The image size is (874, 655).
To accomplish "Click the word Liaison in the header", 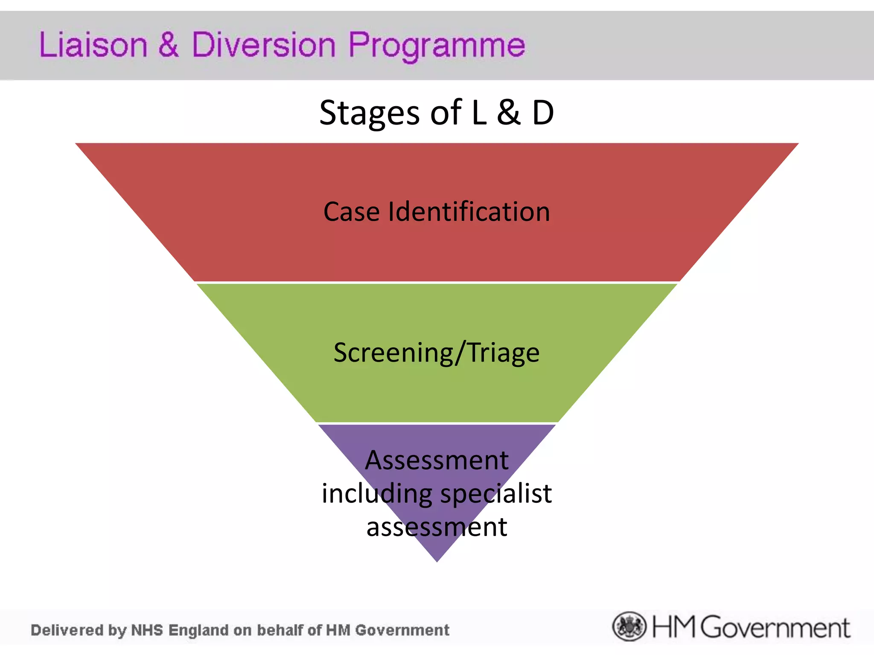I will (93, 45).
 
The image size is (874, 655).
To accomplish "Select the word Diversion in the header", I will (263, 45).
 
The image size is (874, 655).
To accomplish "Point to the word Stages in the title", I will (370, 113).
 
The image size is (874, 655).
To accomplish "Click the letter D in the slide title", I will (543, 113).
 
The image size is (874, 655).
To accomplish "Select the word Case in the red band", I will (351, 212).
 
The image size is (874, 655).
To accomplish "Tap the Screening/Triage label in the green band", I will (437, 353).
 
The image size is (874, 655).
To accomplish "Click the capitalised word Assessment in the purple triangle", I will (437, 461).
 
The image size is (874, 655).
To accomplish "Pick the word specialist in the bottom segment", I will (496, 494).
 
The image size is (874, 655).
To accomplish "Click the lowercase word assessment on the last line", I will (437, 527).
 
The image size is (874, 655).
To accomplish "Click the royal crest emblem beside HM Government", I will (629, 626).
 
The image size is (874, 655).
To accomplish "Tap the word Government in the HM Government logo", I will (775, 628).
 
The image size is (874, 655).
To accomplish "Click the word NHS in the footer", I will (147, 630).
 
